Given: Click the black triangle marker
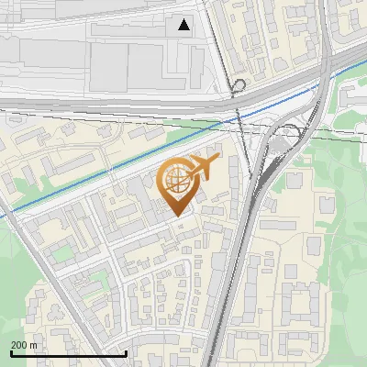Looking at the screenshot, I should click(x=184, y=25).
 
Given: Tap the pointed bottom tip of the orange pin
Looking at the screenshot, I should click(x=177, y=216).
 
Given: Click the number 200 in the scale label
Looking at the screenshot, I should click(x=20, y=345).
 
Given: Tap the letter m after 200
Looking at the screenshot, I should click(x=34, y=345).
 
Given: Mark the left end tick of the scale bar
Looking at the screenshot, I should click(x=10, y=351).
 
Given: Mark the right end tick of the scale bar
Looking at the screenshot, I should click(x=126, y=351).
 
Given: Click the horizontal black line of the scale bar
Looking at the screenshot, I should click(x=68, y=353).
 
